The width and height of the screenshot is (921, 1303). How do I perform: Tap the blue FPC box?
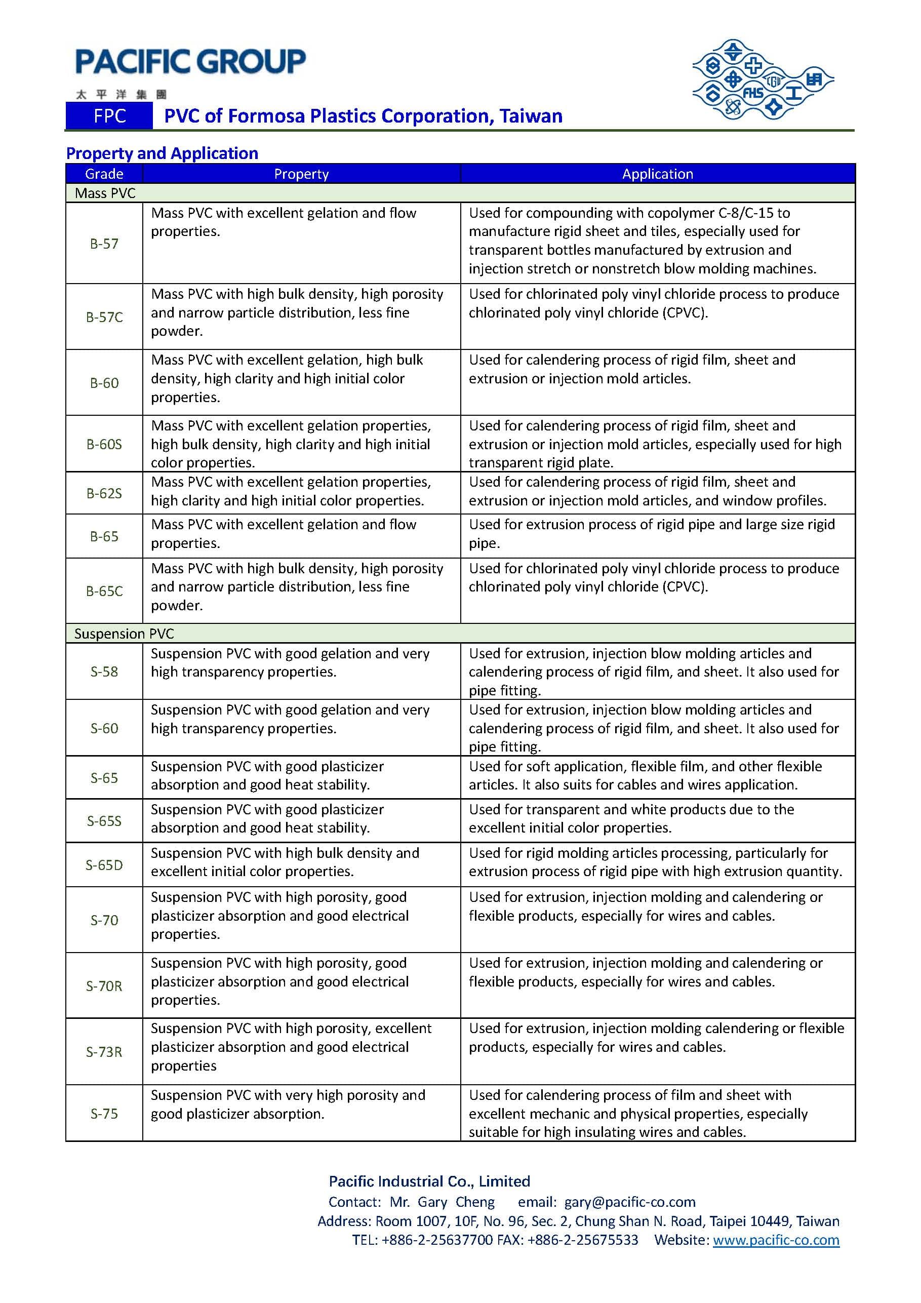tap(109, 116)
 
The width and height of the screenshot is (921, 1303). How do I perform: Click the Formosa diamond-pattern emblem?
tap(762, 80)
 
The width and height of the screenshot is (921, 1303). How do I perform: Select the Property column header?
tap(301, 174)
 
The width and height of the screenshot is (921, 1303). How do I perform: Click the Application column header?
tap(657, 174)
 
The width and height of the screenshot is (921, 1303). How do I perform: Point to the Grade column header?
tap(104, 174)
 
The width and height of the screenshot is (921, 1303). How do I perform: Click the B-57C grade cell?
tap(104, 317)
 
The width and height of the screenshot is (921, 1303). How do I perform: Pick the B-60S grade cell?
tap(104, 444)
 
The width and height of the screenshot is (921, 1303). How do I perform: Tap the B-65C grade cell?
tap(104, 591)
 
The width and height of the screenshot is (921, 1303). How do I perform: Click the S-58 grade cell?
tap(104, 672)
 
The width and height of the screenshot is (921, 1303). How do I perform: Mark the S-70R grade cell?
tap(104, 986)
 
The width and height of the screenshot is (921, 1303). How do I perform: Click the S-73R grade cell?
tap(104, 1052)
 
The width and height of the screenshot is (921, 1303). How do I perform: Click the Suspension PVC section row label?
tap(124, 634)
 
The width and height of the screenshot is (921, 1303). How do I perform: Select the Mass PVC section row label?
tap(105, 193)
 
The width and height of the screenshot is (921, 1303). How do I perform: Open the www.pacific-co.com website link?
tap(776, 1240)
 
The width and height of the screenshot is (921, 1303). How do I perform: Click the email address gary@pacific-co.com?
tap(629, 1202)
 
